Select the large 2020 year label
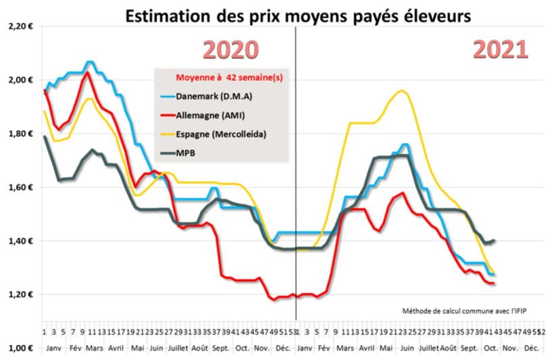coord(232,51)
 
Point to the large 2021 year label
coord(500,51)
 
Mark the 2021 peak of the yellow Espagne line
coord(403,91)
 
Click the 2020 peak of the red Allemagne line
coord(87,72)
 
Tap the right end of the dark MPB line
coord(495,240)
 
